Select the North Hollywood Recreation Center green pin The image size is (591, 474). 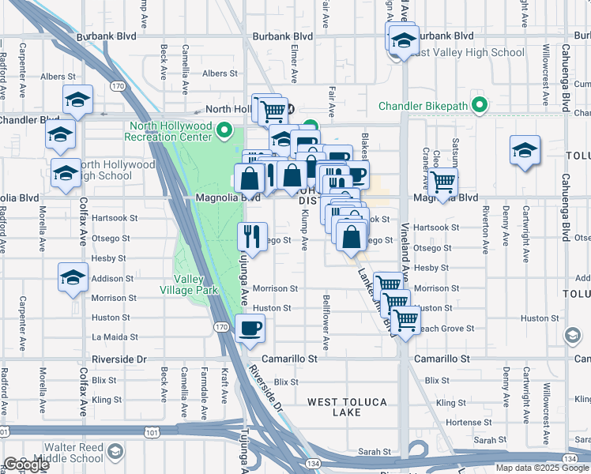click(x=224, y=131)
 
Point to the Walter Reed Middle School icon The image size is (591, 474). click(x=115, y=451)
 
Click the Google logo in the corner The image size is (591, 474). click(x=26, y=465)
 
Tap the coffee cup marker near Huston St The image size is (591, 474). click(x=250, y=328)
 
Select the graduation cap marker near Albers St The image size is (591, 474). click(x=77, y=100)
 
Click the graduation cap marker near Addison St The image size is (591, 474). click(x=73, y=278)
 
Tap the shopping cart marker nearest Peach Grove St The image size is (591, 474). click(x=405, y=321)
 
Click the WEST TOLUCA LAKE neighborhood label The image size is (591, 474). click(x=347, y=402)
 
